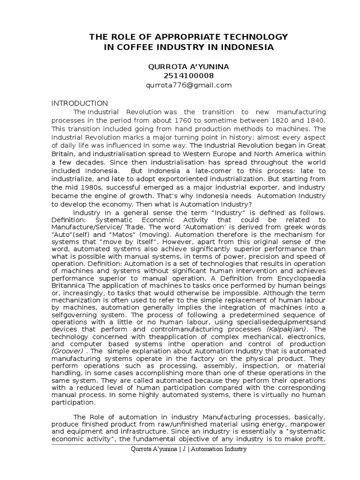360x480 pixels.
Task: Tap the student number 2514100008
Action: [x=189, y=75]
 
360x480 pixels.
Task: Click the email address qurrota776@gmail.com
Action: [x=189, y=85]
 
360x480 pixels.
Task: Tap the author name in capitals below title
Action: [x=189, y=67]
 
